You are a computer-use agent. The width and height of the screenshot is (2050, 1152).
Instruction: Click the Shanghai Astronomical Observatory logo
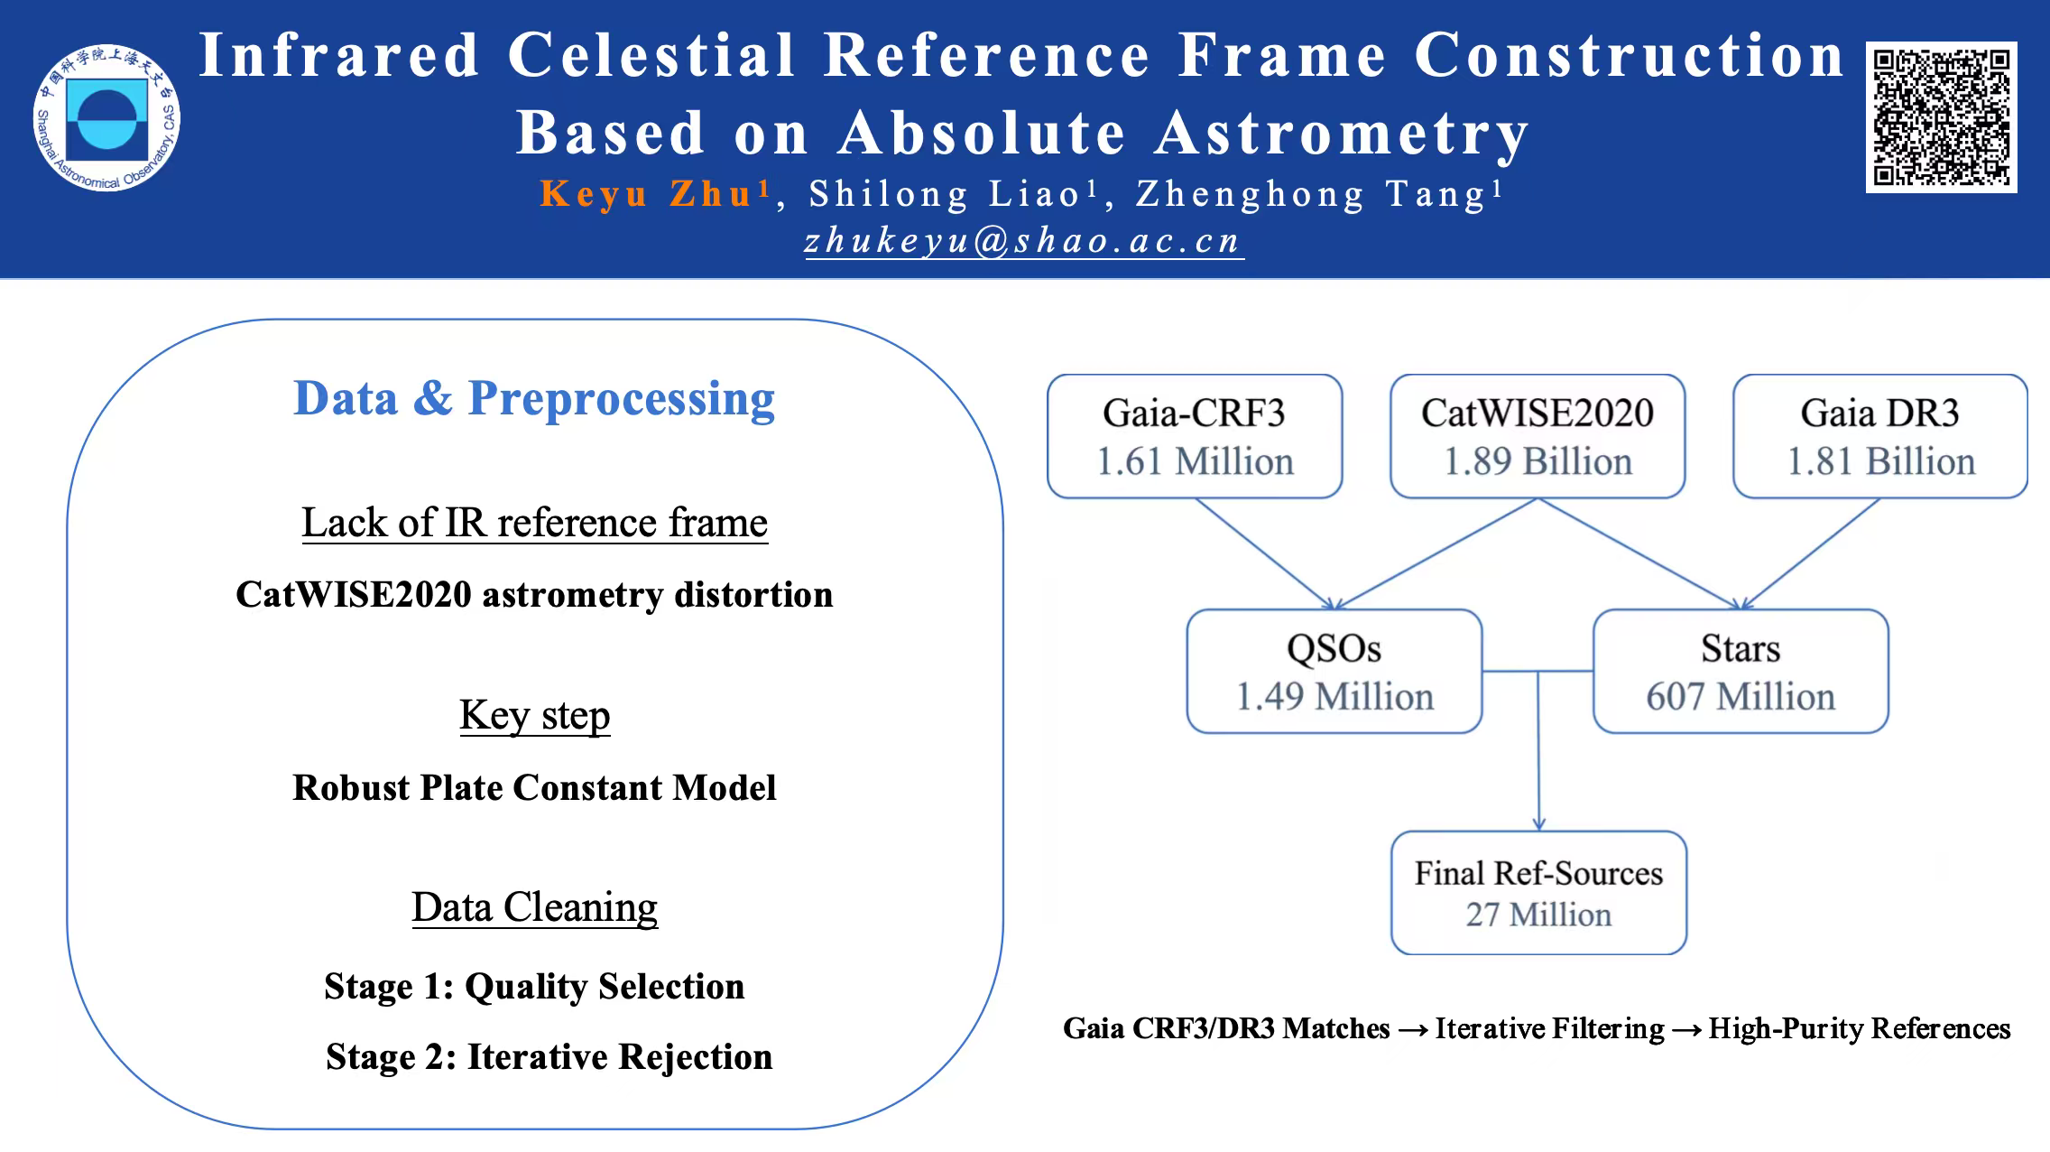(x=106, y=118)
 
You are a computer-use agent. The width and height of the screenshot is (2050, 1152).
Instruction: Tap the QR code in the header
(x=1941, y=117)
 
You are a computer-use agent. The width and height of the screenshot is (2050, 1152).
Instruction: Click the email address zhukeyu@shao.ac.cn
(x=1024, y=241)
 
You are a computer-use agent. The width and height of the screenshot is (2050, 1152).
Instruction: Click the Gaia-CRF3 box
(x=1195, y=436)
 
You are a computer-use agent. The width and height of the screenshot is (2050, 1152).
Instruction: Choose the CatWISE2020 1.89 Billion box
(x=1537, y=436)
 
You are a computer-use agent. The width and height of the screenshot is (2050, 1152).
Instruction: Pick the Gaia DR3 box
(x=1880, y=436)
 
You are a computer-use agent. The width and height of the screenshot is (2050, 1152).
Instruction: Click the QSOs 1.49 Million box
(x=1334, y=671)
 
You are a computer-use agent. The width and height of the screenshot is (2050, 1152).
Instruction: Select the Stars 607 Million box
(x=1741, y=671)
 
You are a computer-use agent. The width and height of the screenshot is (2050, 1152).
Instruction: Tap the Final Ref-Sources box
(x=1538, y=893)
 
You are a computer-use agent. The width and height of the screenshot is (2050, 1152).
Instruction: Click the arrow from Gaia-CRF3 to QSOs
(x=1265, y=553)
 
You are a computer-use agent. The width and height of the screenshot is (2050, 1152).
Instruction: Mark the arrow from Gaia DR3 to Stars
(x=1811, y=553)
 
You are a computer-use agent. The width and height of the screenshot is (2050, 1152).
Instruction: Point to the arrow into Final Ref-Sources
(x=1538, y=750)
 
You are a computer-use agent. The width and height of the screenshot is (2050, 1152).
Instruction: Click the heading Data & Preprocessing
(x=534, y=398)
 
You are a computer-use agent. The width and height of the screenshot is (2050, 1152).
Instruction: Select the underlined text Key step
(x=535, y=715)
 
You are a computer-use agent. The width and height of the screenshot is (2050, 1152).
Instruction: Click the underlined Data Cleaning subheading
(x=535, y=907)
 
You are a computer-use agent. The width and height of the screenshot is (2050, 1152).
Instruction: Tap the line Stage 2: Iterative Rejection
(x=549, y=1057)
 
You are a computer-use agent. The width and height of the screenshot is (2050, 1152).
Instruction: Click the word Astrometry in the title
(x=1343, y=134)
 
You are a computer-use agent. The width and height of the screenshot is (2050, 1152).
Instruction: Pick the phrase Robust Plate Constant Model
(x=534, y=788)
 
